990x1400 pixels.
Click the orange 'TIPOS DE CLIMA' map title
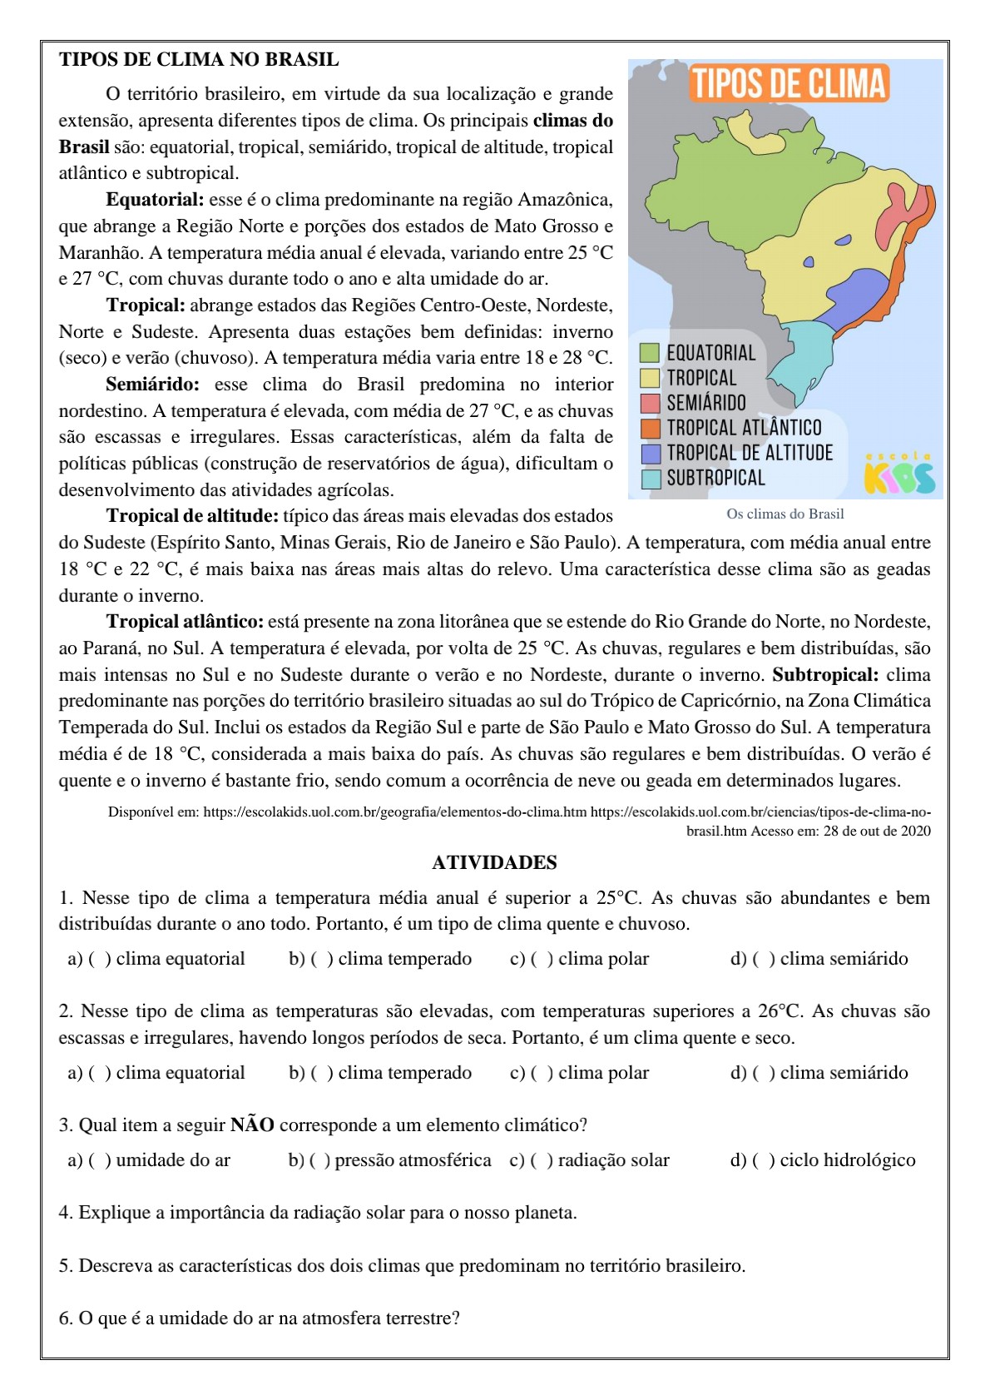pos(789,84)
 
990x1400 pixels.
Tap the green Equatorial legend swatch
pos(650,353)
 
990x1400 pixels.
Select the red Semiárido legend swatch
pos(650,404)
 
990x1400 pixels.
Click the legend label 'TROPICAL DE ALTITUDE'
pos(749,453)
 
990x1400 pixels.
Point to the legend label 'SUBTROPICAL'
pos(715,479)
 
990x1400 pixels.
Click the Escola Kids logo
pos(898,474)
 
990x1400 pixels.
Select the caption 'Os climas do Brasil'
pos(785,514)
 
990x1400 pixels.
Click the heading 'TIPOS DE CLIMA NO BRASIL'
pos(199,60)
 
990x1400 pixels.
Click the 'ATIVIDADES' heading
pos(494,862)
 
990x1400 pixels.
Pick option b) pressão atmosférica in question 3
pos(320,1160)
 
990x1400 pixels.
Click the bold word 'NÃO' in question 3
pos(252,1125)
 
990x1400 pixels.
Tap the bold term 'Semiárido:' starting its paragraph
pos(152,385)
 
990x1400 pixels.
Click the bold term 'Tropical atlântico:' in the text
pos(185,622)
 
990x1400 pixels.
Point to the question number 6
pos(66,1318)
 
